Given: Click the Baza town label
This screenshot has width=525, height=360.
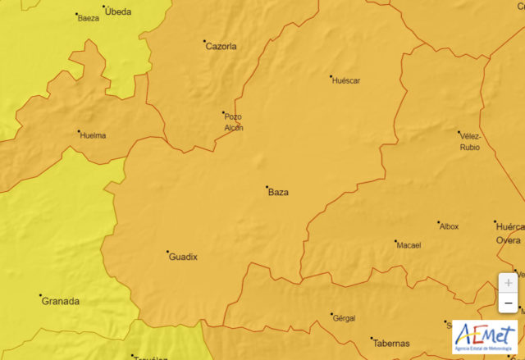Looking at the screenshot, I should tap(279, 193).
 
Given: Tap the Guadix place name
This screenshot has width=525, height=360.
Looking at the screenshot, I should tap(183, 257).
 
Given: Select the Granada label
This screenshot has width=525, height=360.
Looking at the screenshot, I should tap(62, 301).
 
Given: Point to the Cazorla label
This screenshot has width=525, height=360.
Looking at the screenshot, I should tap(221, 47).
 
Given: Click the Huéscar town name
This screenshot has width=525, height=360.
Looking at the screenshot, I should tap(345, 80).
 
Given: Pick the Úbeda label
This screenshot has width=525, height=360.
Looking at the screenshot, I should tap(118, 11).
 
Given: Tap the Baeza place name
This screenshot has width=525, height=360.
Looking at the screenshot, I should tap(88, 18).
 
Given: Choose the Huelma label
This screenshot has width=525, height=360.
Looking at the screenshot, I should tap(93, 135).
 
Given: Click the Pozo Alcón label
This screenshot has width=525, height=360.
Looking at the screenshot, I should tap(234, 122).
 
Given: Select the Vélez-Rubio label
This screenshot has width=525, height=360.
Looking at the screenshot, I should tap(469, 142).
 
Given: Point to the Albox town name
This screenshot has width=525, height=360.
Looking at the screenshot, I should tap(449, 226).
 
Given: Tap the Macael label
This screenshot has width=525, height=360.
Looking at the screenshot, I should tap(408, 245).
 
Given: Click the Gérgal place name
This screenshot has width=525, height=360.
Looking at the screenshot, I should tap(344, 318).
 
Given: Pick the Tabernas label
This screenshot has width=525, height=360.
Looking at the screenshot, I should tap(390, 343).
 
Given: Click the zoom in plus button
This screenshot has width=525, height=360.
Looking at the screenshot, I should tap(509, 282).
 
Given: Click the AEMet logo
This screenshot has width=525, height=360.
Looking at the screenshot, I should tap(486, 336).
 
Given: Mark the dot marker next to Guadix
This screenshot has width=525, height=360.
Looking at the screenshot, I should tap(168, 252).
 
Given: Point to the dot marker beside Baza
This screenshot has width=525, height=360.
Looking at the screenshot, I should tap(267, 188).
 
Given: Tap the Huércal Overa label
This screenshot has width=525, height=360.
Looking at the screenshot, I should tap(509, 233).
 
